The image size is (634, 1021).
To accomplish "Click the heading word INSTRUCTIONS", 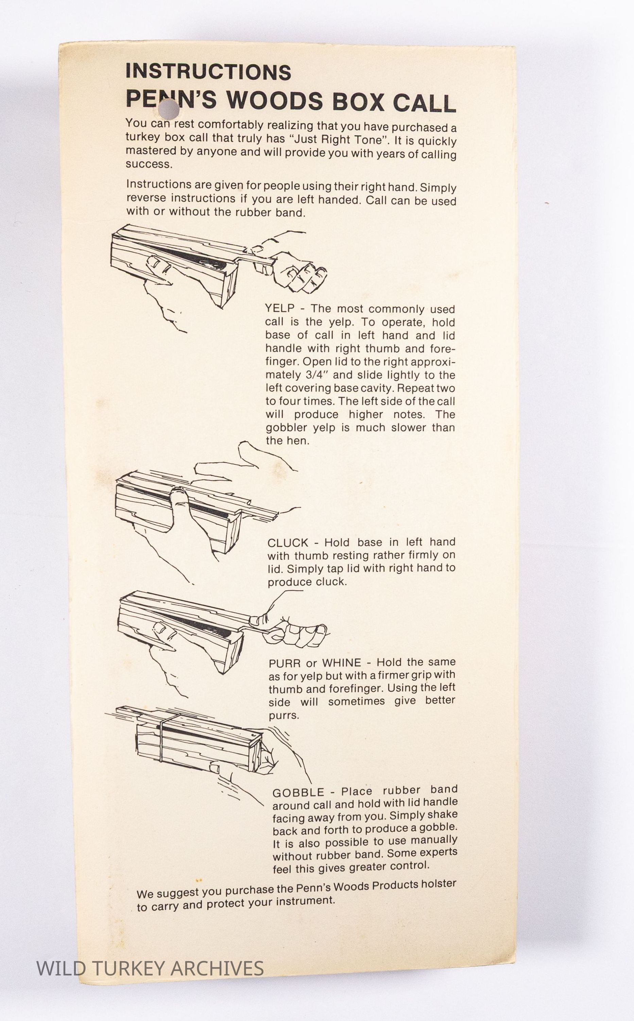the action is [x=208, y=72].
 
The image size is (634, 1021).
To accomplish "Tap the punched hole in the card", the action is [x=168, y=108].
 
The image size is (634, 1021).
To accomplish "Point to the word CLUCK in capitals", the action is [x=288, y=543].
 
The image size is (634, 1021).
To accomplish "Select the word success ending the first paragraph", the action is [x=149, y=164].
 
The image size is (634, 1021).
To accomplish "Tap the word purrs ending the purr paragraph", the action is [x=284, y=715].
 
